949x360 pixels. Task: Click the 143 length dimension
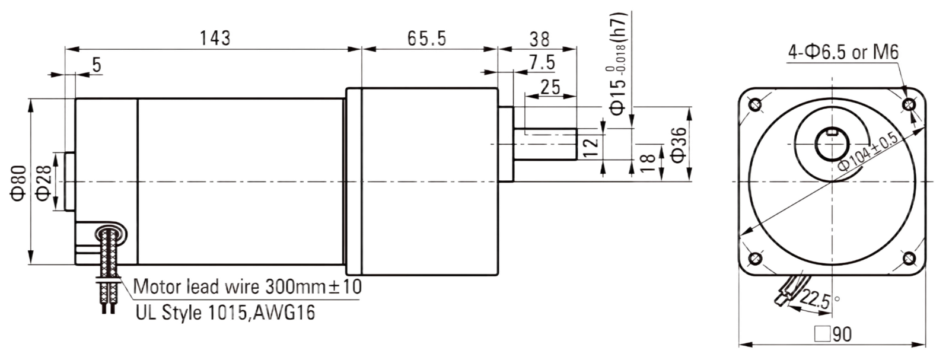pyautogui.click(x=215, y=38)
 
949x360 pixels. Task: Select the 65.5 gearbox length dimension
pyautogui.click(x=427, y=39)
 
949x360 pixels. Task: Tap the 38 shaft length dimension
pyautogui.click(x=539, y=39)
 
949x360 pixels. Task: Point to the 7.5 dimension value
pyautogui.click(x=542, y=63)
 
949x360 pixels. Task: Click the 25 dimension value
pyautogui.click(x=550, y=87)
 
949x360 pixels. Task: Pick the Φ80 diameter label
pyautogui.click(x=19, y=183)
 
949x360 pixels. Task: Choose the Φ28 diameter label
pyautogui.click(x=44, y=183)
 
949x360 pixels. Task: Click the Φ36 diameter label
pyautogui.click(x=679, y=145)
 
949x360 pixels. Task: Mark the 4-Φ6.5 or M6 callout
pyautogui.click(x=843, y=52)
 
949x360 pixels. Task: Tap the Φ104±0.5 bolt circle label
pyautogui.click(x=868, y=152)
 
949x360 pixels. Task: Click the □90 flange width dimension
pyautogui.click(x=833, y=334)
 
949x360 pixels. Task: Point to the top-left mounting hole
pyautogui.click(x=756, y=104)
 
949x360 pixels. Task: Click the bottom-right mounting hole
pyautogui.click(x=909, y=258)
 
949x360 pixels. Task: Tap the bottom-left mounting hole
pyautogui.click(x=756, y=258)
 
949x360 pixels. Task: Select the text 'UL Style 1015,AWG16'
pyautogui.click(x=225, y=313)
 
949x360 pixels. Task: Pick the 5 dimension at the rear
pyautogui.click(x=97, y=65)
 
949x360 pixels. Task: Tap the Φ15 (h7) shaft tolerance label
pyautogui.click(x=617, y=63)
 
